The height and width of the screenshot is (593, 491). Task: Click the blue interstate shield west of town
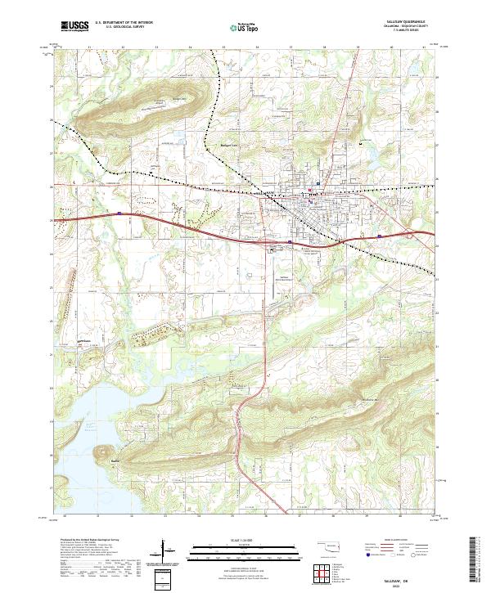[x=119, y=214]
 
